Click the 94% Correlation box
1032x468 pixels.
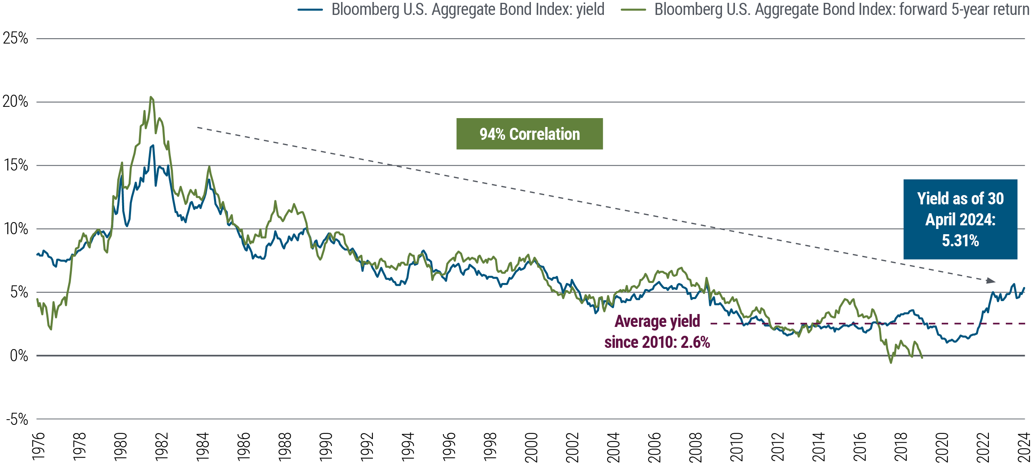pos(529,134)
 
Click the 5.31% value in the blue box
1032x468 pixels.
pos(960,241)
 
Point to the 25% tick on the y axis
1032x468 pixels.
pos(15,39)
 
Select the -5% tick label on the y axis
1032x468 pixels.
pos(17,420)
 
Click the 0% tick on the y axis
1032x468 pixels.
pos(19,356)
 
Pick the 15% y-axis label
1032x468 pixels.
pos(16,165)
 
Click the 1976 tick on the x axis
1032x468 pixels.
pos(38,447)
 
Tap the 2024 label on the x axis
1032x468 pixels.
pos(1024,447)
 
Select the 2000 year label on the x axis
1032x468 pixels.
pos(531,447)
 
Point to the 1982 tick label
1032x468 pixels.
pos(161,447)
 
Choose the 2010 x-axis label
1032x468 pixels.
pos(737,447)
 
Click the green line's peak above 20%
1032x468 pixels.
pos(151,97)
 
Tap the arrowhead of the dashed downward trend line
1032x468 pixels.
pos(991,281)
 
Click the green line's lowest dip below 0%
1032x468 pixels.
pos(891,363)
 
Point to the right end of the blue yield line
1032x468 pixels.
pos(1024,288)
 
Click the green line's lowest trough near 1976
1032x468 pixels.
pos(51,329)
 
